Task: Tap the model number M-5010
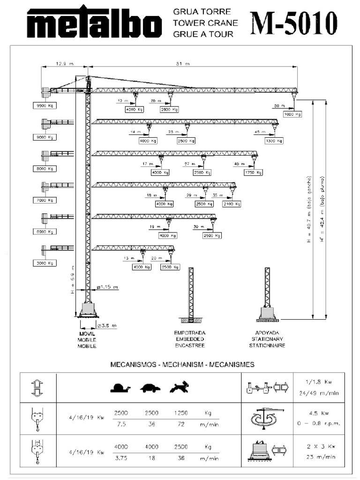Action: pyautogui.click(x=293, y=22)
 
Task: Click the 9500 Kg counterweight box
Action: pyautogui.click(x=45, y=106)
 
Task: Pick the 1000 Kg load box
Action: pyautogui.click(x=292, y=114)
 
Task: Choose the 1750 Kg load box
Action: pyautogui.click(x=252, y=172)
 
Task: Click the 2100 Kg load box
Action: pyautogui.click(x=232, y=204)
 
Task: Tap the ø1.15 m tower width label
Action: pyautogui.click(x=107, y=287)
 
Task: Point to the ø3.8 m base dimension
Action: pyautogui.click(x=107, y=325)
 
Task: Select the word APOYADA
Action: pyautogui.click(x=267, y=333)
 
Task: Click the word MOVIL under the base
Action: pyautogui.click(x=87, y=333)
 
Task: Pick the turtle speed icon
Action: pyautogui.click(x=150, y=388)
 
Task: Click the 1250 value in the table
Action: pyautogui.click(x=180, y=413)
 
